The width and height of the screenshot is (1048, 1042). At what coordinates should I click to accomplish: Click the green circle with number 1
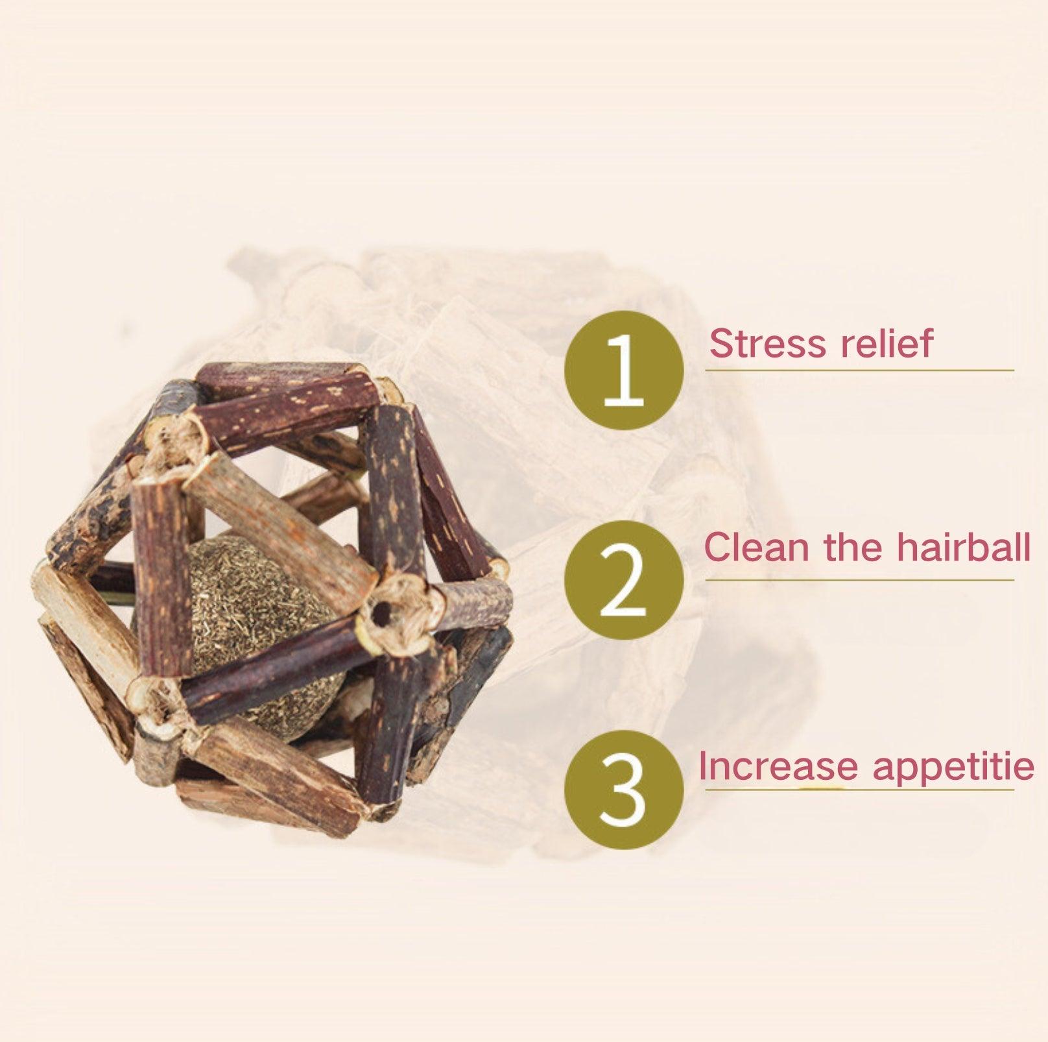pyautogui.click(x=624, y=370)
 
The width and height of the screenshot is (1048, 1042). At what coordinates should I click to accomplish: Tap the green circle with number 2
pyautogui.click(x=624, y=579)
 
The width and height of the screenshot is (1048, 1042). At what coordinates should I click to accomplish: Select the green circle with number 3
pyautogui.click(x=624, y=788)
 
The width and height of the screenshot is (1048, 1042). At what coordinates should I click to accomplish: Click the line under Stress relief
pyautogui.click(x=859, y=370)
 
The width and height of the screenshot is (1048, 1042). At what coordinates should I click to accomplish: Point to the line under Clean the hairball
pyautogui.click(x=859, y=580)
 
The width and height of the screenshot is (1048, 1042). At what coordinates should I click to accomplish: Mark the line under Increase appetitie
pyautogui.click(x=859, y=790)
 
